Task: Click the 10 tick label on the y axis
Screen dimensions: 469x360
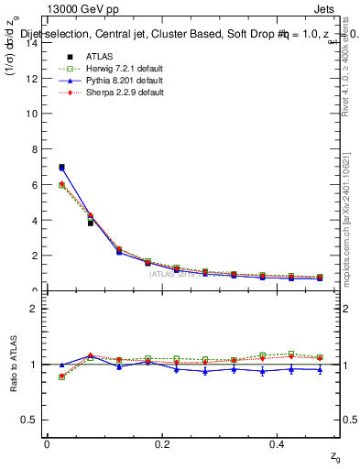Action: pos(33,114)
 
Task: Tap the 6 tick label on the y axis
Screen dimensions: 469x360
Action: pos(36,185)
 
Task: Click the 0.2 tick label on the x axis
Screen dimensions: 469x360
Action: pos(162,444)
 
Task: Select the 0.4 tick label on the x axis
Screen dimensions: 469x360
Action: pos(278,444)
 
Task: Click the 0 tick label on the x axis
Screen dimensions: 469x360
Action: pos(47,444)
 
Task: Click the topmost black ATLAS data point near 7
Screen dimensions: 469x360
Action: pos(61,168)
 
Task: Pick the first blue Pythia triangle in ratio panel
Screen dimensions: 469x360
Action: pos(61,365)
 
